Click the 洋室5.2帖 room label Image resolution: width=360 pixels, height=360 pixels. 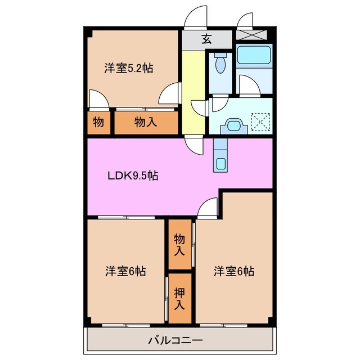pos(129,68)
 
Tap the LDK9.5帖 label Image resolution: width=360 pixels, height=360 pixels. pos(133,176)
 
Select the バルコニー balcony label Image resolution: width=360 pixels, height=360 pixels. pos(175,340)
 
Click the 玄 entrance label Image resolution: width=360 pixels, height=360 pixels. pos(206,39)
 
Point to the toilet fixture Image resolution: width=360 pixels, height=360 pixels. pos(220,62)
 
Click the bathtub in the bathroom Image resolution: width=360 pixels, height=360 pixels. pos(254,55)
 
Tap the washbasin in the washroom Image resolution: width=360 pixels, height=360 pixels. pos(234,126)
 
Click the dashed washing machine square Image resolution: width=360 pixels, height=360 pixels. pos(260,121)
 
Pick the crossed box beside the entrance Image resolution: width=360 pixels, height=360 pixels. pos(251,35)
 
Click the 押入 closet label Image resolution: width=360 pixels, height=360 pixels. pos(179,299)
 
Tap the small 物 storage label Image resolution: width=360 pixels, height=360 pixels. pos(98,122)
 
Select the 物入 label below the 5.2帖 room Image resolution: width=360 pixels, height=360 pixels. pos(146,122)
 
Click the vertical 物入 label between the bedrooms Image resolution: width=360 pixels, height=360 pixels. pos(179,245)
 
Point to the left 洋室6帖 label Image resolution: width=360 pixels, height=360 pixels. pos(125,271)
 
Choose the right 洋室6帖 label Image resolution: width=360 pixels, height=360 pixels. pos(234,271)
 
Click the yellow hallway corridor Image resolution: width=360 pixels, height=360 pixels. pos(193,92)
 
